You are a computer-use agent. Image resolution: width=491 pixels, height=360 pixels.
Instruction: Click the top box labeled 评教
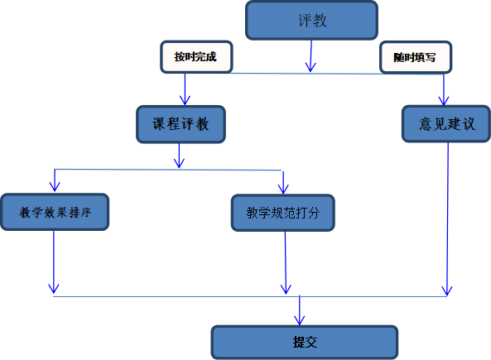coord(311,21)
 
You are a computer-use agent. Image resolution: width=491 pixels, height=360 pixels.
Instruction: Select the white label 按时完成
coord(196,57)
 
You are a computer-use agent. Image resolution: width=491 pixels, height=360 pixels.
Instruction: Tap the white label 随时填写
coord(416,57)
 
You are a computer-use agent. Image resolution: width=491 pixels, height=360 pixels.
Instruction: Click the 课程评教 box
coord(181,124)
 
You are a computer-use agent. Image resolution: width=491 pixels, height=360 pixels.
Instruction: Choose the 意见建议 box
coord(446,123)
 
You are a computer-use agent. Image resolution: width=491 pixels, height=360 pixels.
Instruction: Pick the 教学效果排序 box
coord(55,212)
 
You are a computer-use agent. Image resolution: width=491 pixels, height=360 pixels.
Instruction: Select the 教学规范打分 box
coord(283,213)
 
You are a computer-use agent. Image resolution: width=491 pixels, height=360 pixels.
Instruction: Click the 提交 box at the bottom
coord(305,342)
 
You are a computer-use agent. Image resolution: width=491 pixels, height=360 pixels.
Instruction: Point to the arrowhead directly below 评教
coord(310,67)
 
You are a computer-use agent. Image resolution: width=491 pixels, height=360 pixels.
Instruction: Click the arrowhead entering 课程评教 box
coord(185,100)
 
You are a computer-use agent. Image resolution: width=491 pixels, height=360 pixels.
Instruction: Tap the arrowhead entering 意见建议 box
coord(444,101)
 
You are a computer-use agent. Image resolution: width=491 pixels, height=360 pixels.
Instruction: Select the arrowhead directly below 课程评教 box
coord(179,163)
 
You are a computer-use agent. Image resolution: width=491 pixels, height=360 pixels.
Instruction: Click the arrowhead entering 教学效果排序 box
coord(55,186)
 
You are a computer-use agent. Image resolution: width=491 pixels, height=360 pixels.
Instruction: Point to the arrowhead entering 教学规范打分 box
coord(283,189)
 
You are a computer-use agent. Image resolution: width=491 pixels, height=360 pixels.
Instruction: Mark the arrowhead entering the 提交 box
coord(300,320)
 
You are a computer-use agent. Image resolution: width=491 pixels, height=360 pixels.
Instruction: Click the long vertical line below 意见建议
coord(447,219)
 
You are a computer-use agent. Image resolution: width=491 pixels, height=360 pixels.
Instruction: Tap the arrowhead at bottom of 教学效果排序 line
coord(54,288)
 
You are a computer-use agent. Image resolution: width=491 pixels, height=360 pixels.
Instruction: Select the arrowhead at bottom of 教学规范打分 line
coord(286,290)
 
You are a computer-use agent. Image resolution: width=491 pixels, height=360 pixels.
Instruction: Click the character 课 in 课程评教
coord(159,124)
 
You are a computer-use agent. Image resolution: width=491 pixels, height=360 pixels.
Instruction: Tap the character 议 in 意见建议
coord(469,123)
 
